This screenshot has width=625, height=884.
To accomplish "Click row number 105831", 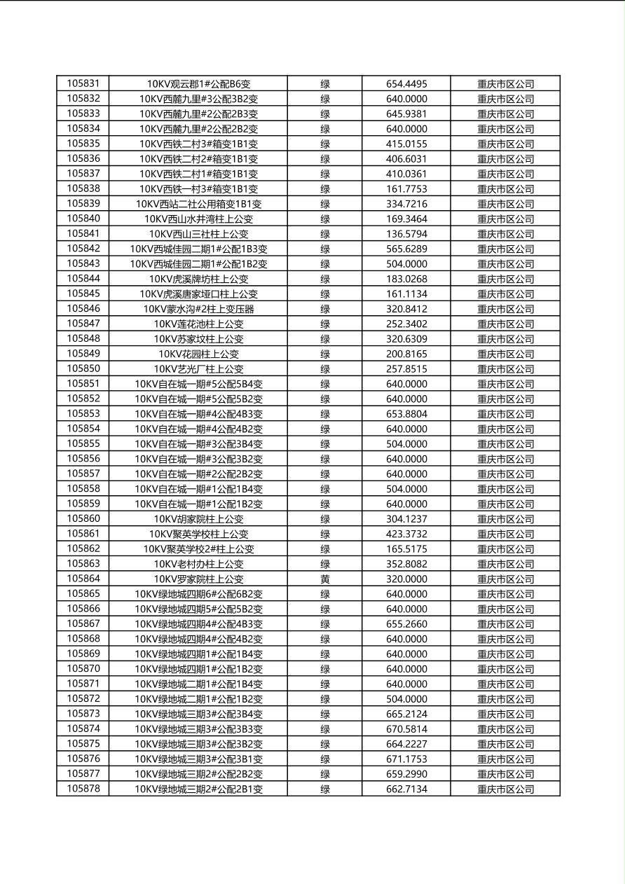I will [83, 83].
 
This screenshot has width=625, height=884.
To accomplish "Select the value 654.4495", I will [406, 84].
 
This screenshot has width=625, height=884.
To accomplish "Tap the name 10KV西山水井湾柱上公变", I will [198, 219].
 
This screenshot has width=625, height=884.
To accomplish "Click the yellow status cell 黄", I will [325, 579].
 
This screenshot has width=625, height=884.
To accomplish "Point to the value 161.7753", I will [406, 189].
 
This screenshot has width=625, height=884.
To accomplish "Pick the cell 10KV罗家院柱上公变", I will [198, 579].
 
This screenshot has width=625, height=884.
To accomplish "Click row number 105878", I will [83, 789].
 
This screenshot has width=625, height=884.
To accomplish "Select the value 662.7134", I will [406, 789].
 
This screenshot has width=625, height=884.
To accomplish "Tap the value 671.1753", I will [406, 759].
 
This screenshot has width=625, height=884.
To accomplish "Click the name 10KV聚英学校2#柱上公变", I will [198, 549].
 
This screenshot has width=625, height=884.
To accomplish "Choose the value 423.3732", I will [406, 534].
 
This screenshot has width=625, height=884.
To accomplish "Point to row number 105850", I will [83, 368].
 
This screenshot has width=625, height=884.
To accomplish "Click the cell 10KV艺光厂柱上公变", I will [198, 369].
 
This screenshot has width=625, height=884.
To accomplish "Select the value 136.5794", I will [406, 234].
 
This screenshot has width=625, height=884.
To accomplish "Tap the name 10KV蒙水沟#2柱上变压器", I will [198, 309].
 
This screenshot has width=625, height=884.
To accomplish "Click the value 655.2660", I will [406, 624].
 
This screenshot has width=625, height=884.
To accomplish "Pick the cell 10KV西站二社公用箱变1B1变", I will [198, 204].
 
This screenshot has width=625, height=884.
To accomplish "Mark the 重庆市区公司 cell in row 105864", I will [505, 579].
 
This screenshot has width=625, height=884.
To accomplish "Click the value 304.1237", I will [406, 519].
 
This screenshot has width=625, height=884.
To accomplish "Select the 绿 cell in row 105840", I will [325, 219].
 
